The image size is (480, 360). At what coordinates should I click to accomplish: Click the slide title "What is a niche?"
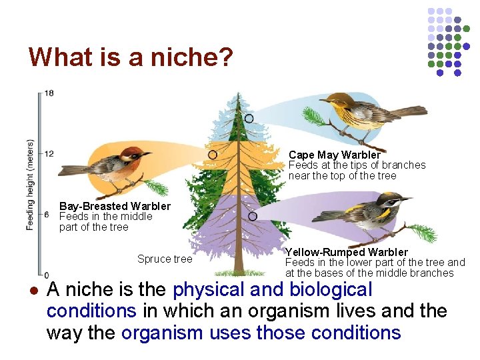[131, 57]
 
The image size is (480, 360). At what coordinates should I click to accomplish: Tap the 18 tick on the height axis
[49, 93]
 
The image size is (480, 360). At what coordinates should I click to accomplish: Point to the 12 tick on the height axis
[49, 154]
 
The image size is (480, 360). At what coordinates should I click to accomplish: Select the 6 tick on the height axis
[47, 214]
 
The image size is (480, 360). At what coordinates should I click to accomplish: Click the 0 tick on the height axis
[46, 274]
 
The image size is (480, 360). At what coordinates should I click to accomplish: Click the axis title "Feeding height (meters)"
[30, 185]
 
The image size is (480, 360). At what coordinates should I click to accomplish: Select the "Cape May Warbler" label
[334, 155]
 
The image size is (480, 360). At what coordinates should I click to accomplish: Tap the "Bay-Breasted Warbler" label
[115, 207]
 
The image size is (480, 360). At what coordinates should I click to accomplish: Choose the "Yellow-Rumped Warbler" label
[346, 252]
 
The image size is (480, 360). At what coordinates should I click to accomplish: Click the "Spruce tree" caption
[164, 259]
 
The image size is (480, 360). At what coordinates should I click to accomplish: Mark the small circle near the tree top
[249, 118]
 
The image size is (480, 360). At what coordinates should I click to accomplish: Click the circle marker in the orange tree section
[212, 155]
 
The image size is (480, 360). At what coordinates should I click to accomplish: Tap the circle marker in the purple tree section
[253, 216]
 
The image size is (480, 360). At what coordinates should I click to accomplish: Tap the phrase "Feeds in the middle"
[105, 217]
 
